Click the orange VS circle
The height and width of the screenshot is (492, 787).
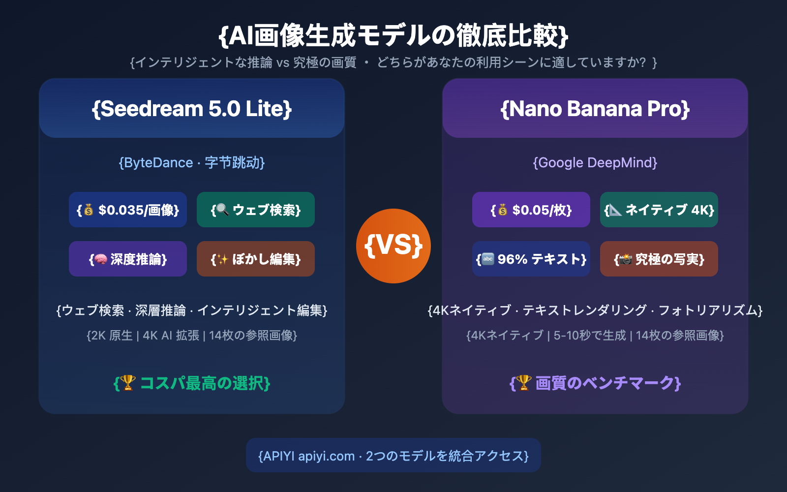click(393, 246)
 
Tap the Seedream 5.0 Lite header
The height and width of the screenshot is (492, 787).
click(192, 109)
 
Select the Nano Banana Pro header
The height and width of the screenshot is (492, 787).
click(595, 109)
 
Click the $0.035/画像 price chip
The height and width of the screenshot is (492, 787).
click(128, 210)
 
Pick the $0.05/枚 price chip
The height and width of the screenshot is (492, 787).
click(531, 210)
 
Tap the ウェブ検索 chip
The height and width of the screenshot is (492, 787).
click(256, 210)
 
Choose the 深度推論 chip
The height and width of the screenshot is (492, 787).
click(128, 259)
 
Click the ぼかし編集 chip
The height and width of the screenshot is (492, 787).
click(256, 259)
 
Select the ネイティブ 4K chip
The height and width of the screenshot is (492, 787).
click(659, 210)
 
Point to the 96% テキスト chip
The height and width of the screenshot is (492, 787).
click(531, 259)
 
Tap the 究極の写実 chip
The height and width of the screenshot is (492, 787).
click(659, 259)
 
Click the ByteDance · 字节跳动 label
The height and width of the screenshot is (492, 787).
click(192, 162)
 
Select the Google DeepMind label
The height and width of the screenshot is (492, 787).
click(595, 162)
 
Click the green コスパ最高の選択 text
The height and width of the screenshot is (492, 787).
click(192, 383)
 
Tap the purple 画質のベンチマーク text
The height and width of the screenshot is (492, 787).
click(595, 383)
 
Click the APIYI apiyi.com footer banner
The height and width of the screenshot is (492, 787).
click(393, 456)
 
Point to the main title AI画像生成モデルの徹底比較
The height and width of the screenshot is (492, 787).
click(393, 35)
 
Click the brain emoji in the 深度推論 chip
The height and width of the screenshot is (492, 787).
click(101, 259)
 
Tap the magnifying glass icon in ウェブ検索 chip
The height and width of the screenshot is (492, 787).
click(222, 210)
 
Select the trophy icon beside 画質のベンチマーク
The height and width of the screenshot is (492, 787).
click(523, 382)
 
